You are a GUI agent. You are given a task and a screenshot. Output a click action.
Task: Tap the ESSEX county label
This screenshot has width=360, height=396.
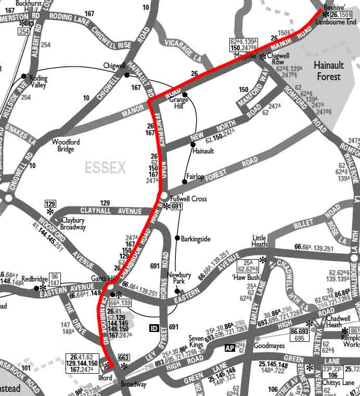pos(106,168)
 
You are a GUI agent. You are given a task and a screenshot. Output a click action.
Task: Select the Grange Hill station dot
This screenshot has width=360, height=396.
pos(184,95)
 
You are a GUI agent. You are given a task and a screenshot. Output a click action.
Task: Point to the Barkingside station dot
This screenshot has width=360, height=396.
pos(177,239)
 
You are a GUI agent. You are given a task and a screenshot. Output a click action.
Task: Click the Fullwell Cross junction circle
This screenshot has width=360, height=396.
pos(163,196)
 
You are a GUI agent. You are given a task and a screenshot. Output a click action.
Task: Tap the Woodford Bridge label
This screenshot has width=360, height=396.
pos(66,145)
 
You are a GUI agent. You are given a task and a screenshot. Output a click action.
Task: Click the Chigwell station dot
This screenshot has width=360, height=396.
pos(127,75)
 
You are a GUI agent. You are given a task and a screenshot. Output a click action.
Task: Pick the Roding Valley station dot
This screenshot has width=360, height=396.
pos(24,76)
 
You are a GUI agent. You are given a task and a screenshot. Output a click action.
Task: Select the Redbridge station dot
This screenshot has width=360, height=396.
pos(36,288)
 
